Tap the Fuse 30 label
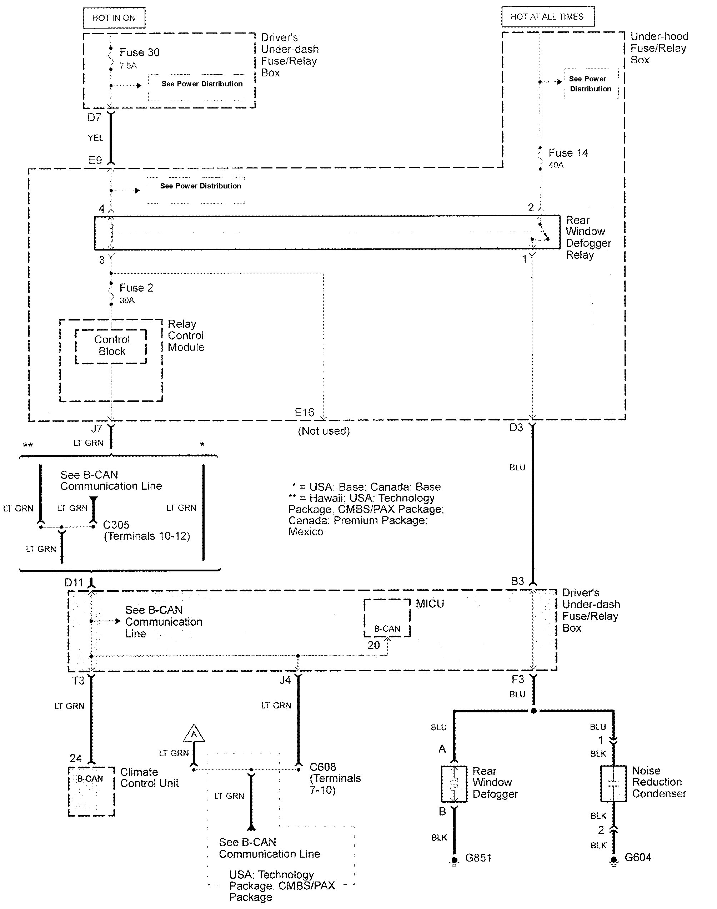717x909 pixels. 139,52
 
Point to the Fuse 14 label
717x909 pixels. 568,153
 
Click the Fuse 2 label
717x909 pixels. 136,288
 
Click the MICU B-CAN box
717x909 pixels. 387,618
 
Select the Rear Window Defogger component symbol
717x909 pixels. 453,784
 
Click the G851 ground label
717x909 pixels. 478,857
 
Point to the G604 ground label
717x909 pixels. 638,857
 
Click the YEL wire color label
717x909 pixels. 95,138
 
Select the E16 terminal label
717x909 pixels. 304,412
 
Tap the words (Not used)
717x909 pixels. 324,431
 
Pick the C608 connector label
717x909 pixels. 323,767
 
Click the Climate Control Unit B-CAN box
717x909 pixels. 91,791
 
